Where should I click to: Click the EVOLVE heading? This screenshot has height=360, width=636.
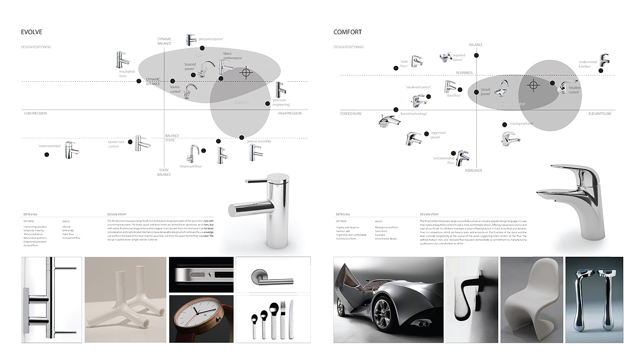(x=32, y=32)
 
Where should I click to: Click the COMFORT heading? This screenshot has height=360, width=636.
(x=348, y=32)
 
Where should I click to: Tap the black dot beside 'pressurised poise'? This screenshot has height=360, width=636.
(x=202, y=48)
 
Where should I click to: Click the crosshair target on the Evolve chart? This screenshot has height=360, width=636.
(x=246, y=72)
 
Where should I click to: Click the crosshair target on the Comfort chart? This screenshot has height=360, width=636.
(x=534, y=85)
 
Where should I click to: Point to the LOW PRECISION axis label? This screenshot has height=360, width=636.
(x=35, y=113)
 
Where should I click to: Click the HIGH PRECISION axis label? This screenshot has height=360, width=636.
(x=290, y=113)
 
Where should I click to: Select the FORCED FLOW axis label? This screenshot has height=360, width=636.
(x=351, y=113)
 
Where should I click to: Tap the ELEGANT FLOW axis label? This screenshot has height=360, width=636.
(x=600, y=113)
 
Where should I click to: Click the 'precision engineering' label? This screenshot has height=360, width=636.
(x=281, y=102)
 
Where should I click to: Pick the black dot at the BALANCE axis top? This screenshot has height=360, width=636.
(x=476, y=55)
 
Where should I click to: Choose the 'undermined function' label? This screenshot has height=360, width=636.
(x=585, y=64)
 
